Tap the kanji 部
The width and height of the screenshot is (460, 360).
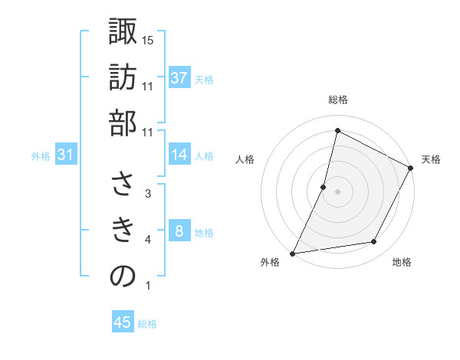point(123,123)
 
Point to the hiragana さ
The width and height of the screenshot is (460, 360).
point(123,184)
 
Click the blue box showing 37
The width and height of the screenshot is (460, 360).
point(179,78)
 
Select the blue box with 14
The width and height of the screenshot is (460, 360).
point(179,155)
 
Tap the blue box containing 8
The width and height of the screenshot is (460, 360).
point(179,231)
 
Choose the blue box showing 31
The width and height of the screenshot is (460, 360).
point(66,155)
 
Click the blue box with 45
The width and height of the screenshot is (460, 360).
point(123,322)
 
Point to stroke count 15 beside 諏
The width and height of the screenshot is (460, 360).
point(149,39)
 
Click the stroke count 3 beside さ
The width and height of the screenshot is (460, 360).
point(148,194)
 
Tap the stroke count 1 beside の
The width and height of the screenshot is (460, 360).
point(148,286)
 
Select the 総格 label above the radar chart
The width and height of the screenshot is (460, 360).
point(337,100)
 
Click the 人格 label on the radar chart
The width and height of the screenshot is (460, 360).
point(245,159)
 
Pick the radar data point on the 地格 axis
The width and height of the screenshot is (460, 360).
point(374,242)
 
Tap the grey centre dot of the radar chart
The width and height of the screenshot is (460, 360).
point(337,191)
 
